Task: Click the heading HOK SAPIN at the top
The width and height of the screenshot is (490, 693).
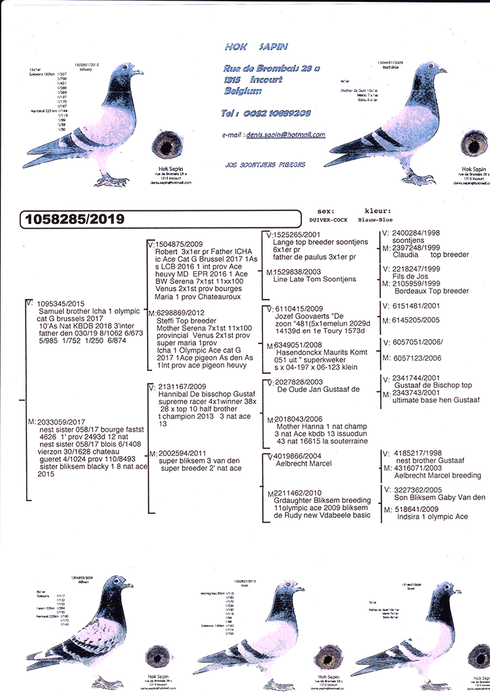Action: [255, 47]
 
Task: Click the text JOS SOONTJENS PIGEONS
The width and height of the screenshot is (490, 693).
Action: [264, 165]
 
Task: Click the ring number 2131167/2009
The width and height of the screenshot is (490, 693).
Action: [182, 387]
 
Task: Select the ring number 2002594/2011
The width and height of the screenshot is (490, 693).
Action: [180, 453]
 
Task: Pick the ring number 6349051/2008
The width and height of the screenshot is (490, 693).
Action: [297, 345]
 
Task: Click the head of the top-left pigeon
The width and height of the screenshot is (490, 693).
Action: [130, 70]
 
